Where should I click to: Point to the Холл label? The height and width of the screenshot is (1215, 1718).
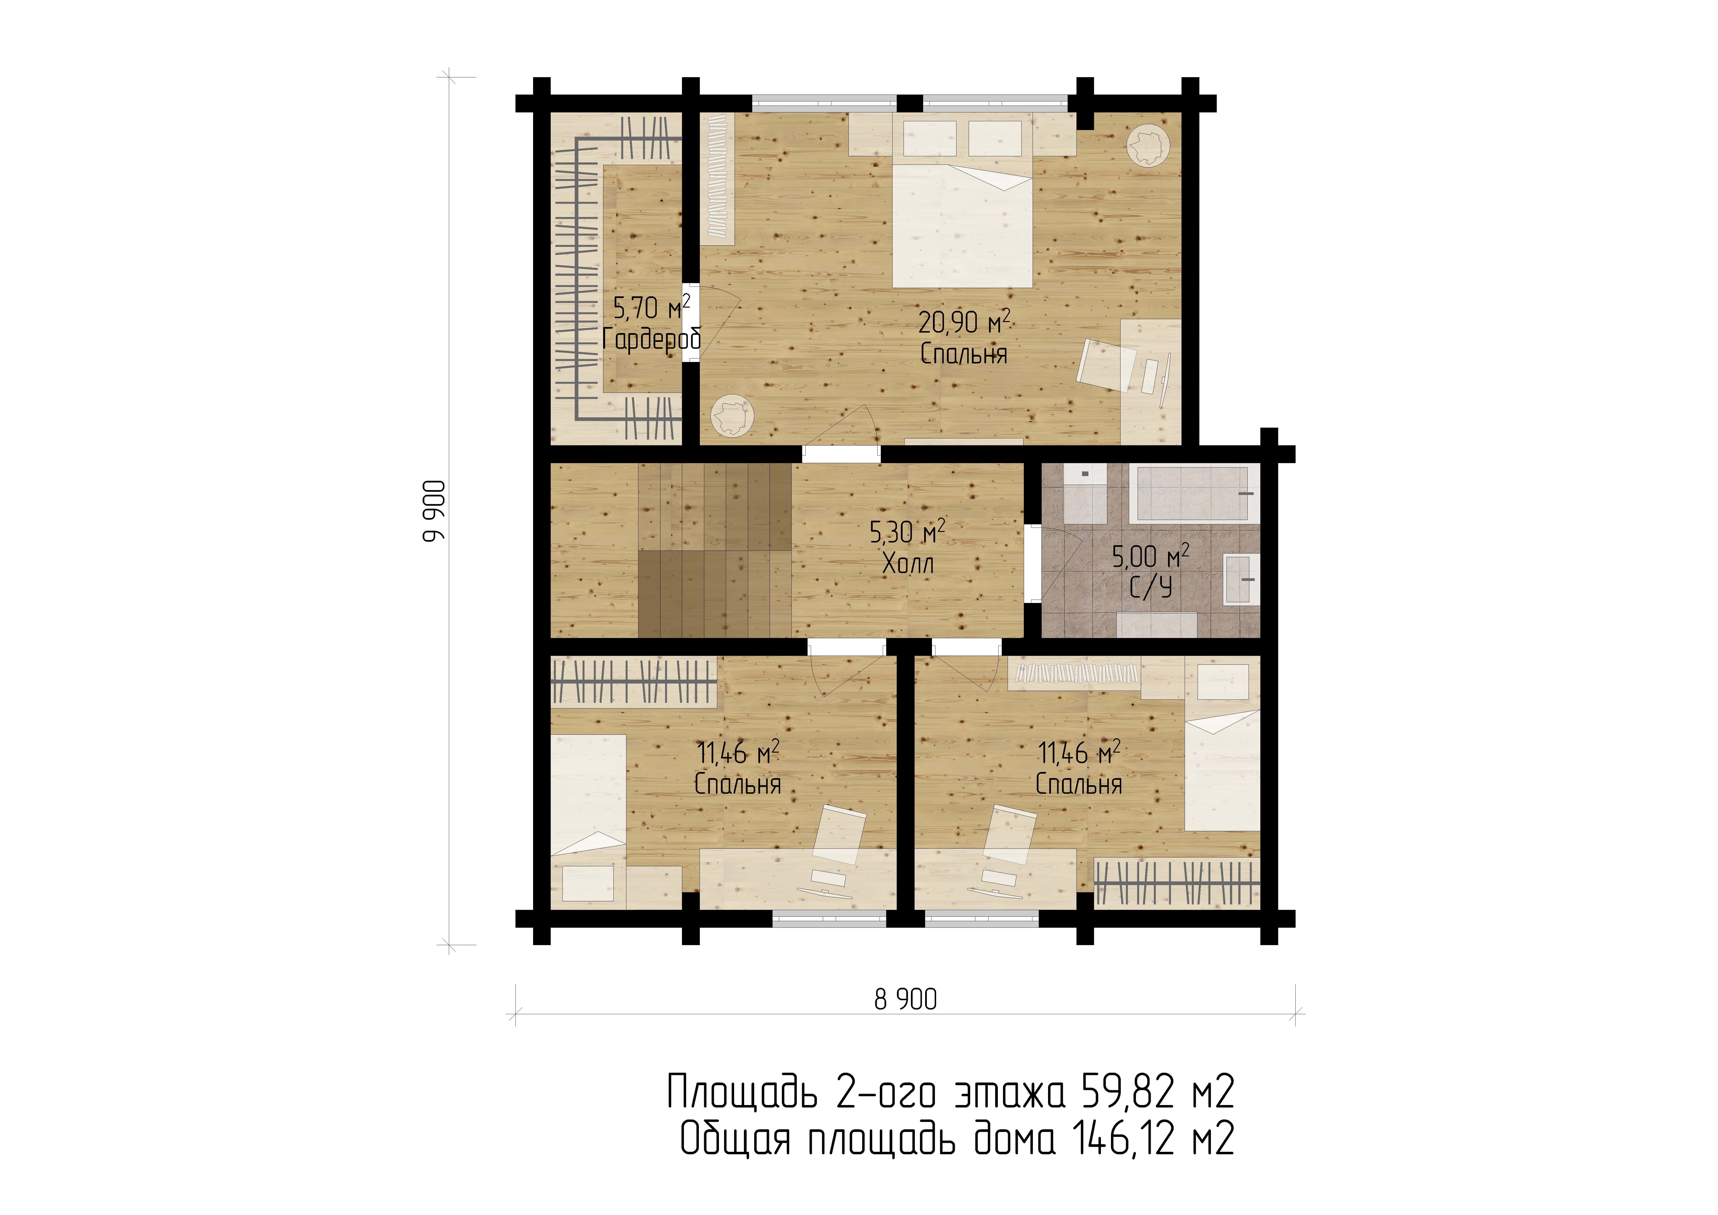point(908,564)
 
